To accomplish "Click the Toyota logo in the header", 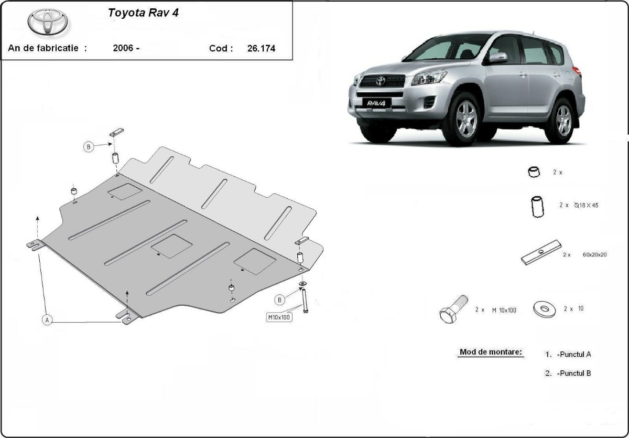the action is (x=48, y=22).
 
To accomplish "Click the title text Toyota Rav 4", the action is (x=143, y=13).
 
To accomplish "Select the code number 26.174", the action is (x=261, y=48).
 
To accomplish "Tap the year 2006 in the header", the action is (x=123, y=48).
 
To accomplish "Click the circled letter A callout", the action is (x=47, y=320).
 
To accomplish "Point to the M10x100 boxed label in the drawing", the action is (x=279, y=317).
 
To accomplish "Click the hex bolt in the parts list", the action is (x=453, y=309).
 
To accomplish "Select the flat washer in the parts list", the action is (x=544, y=309).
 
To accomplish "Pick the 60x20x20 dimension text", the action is (x=594, y=254).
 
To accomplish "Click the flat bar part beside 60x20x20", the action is (x=541, y=252).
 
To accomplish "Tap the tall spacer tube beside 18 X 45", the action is (x=537, y=207).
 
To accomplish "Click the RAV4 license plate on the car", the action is (x=376, y=103).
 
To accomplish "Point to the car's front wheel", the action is (x=466, y=119).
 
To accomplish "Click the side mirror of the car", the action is (x=497, y=58).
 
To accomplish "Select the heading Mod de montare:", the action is (x=491, y=352).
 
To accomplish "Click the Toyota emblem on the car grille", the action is (x=381, y=81).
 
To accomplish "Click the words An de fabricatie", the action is (x=43, y=48).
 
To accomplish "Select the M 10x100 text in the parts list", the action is (x=504, y=310).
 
